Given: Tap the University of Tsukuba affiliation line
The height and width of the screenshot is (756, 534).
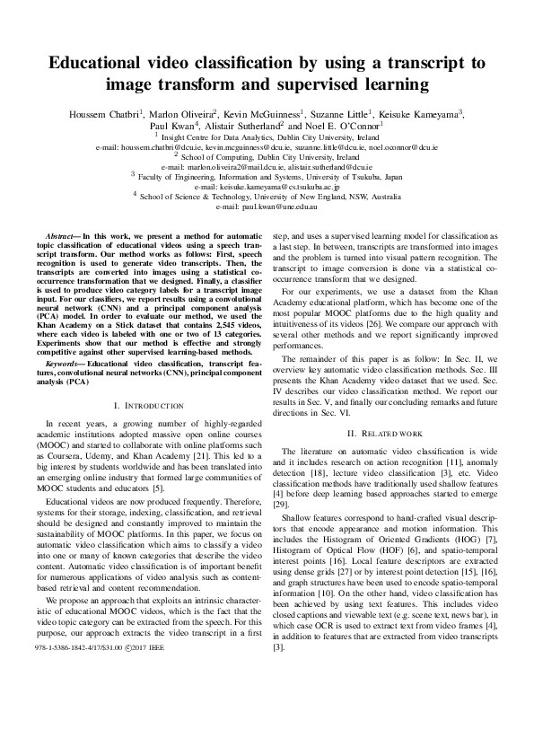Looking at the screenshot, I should [x=267, y=178].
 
